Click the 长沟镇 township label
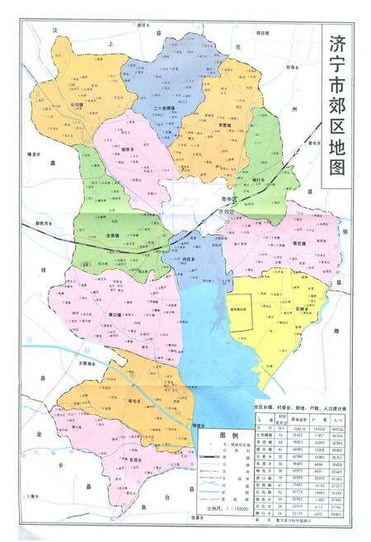tap(77, 105)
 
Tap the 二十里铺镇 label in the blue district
tap(167, 107)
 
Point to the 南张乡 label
tap(129, 149)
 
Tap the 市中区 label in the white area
tap(228, 200)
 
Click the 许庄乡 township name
tap(190, 258)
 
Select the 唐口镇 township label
tap(114, 314)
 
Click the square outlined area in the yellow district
tap(244, 313)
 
